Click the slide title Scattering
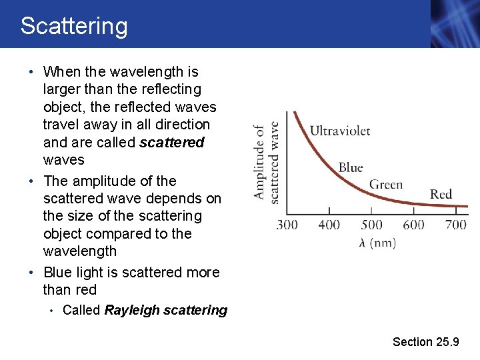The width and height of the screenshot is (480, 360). point(73,26)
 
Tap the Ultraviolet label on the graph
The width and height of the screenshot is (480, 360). point(340,131)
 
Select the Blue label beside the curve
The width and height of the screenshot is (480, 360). point(351,167)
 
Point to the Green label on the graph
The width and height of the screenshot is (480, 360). point(386,184)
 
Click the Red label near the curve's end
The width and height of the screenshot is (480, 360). point(441,194)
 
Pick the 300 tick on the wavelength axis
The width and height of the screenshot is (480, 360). point(287,225)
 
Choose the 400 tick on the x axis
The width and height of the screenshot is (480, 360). point(329,225)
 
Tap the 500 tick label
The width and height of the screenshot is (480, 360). point(371,225)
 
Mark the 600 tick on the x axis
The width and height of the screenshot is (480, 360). point(413,225)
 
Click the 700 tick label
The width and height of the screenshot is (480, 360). point(455,225)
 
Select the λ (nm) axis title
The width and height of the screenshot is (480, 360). point(377,243)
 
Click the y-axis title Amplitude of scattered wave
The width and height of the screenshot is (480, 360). point(266,161)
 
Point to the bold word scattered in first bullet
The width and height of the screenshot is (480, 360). point(171,142)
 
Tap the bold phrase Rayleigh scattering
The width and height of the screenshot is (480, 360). point(166,310)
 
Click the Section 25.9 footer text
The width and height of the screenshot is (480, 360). point(425,341)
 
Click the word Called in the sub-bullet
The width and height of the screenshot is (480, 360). point(81,310)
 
